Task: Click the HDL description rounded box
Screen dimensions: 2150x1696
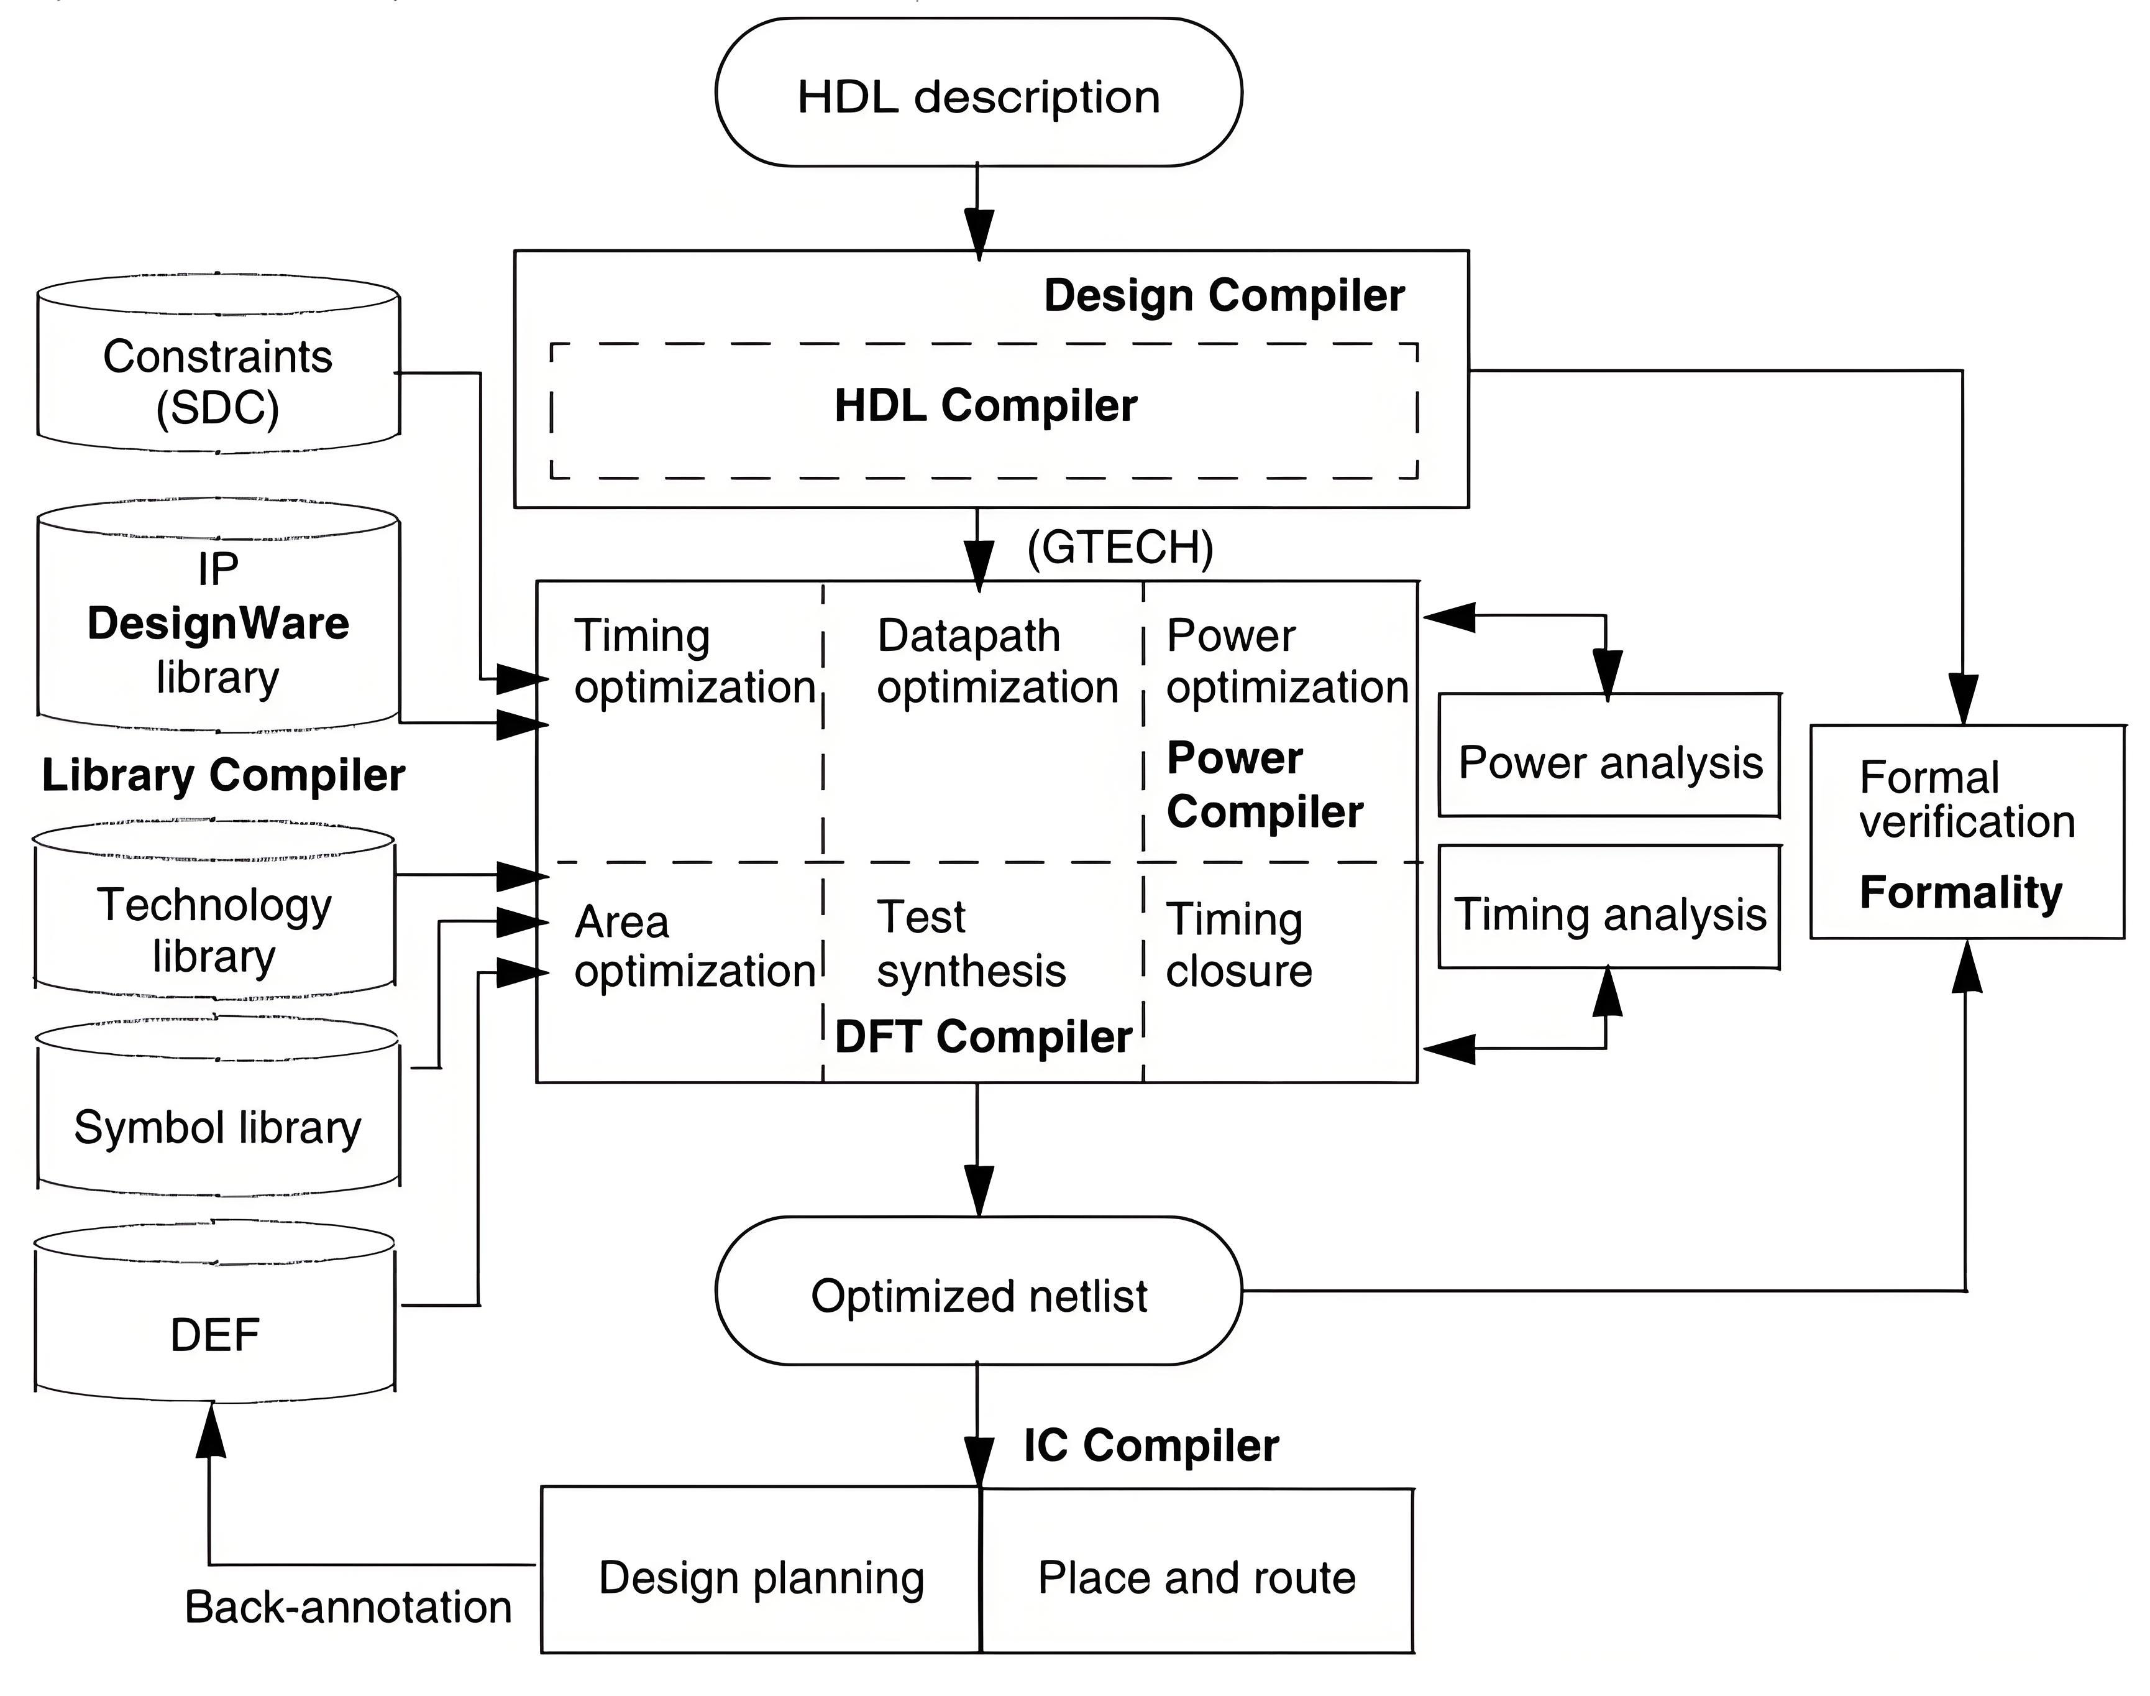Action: click(x=979, y=93)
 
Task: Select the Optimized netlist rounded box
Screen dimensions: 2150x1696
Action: click(x=979, y=1291)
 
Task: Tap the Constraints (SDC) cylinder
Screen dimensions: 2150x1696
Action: click(x=218, y=364)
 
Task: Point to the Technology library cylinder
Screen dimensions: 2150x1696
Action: click(x=214, y=908)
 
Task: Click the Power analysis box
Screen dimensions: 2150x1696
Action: click(x=1609, y=755)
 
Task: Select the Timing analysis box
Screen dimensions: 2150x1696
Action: click(x=1609, y=906)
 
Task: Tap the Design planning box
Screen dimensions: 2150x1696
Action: click(x=761, y=1570)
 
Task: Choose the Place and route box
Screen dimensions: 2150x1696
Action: click(x=1197, y=1570)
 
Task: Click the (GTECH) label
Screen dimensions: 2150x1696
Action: click(x=1120, y=547)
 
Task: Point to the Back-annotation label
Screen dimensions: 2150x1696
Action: click(x=349, y=1606)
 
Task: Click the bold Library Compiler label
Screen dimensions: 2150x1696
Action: click(x=223, y=775)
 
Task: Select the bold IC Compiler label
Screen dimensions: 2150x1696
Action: click(x=1151, y=1446)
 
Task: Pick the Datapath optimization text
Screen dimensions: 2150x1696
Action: click(x=997, y=661)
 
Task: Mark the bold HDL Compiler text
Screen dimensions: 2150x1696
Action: click(x=986, y=405)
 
